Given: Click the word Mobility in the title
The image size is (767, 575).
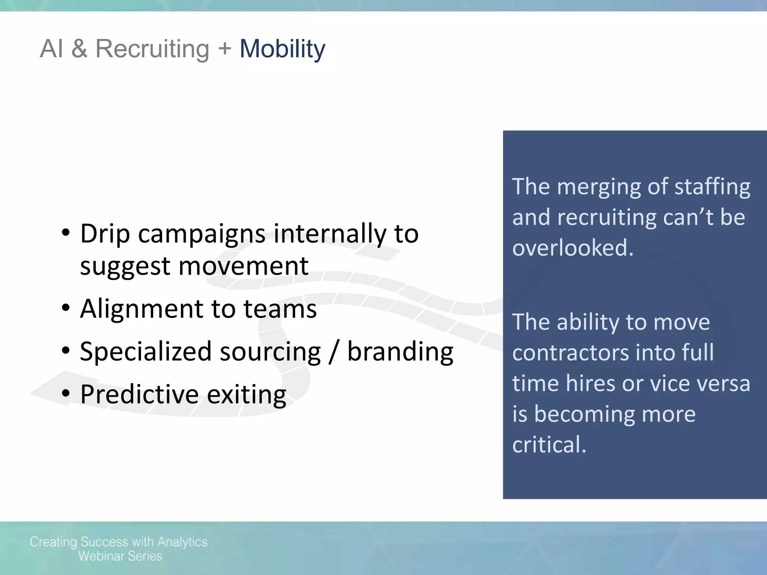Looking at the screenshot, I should (282, 49).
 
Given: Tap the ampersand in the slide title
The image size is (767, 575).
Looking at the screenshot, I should (79, 49).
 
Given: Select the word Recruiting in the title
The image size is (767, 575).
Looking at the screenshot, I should (152, 49).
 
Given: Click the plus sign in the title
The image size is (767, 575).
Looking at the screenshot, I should (224, 49).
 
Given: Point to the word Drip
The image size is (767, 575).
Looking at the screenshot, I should (105, 234).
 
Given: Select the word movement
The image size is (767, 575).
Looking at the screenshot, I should (243, 266).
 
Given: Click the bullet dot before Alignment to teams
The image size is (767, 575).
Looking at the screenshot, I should (66, 308).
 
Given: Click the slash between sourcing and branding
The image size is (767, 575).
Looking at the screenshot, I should (334, 352).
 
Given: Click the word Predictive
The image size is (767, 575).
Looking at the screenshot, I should (139, 395).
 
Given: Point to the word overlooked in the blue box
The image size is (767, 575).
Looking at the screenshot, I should (572, 248).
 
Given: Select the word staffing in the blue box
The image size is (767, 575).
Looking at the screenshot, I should (712, 187).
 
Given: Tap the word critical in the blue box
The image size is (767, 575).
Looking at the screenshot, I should (549, 445).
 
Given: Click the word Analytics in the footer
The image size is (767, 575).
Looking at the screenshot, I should (182, 542).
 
